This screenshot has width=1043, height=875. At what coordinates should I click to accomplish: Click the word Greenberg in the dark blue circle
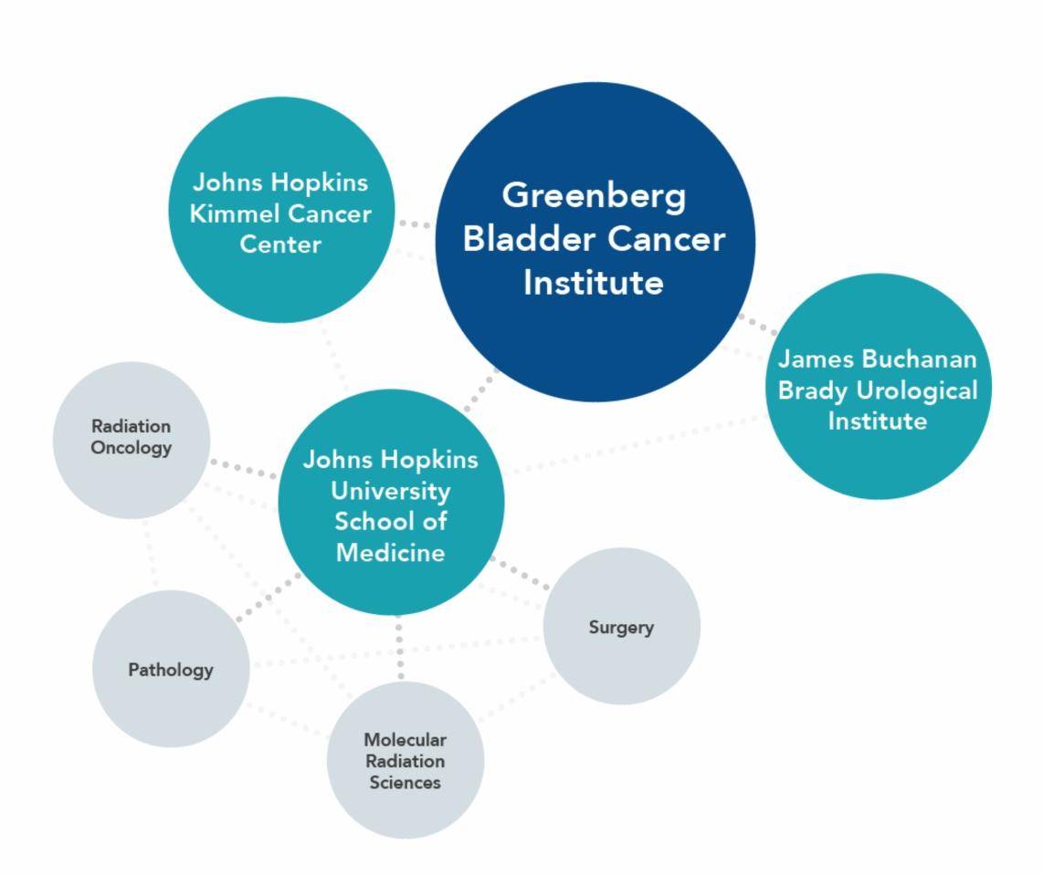pyautogui.click(x=594, y=196)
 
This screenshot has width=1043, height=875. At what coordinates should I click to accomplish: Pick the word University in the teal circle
pyautogui.click(x=390, y=491)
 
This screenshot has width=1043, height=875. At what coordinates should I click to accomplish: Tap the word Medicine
pyautogui.click(x=390, y=552)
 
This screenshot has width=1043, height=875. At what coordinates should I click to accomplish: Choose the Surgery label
pyautogui.click(x=621, y=628)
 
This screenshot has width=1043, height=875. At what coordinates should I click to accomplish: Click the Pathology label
pyautogui.click(x=171, y=670)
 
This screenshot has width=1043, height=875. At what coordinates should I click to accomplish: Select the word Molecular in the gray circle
pyautogui.click(x=405, y=739)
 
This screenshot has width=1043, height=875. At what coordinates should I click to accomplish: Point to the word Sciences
pyautogui.click(x=405, y=782)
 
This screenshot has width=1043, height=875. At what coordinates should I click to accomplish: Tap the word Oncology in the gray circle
pyautogui.click(x=131, y=448)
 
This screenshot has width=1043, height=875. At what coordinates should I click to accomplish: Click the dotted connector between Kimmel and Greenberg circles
pyautogui.click(x=416, y=224)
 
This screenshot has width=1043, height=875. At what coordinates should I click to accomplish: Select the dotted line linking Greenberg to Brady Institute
pyautogui.click(x=757, y=324)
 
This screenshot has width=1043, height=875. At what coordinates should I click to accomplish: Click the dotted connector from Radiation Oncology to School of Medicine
pyautogui.click(x=243, y=469)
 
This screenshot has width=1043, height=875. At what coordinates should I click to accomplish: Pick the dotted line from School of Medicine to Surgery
pyautogui.click(x=521, y=574)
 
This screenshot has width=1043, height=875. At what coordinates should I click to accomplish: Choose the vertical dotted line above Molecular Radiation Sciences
pyautogui.click(x=400, y=648)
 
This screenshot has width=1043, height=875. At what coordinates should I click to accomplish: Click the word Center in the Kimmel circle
pyautogui.click(x=280, y=245)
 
